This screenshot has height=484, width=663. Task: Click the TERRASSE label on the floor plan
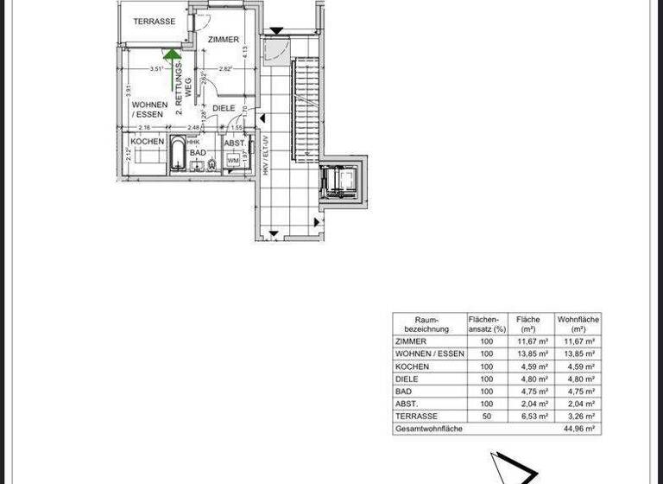(155, 22)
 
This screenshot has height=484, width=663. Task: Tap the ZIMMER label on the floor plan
(224, 40)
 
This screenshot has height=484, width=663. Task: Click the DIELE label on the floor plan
(224, 108)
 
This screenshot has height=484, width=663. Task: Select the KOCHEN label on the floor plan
(148, 141)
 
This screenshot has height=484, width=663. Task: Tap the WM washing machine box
(233, 161)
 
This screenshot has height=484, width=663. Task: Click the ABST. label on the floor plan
(234, 143)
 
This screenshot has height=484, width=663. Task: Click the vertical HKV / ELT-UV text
(266, 156)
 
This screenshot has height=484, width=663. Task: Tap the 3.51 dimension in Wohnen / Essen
(156, 69)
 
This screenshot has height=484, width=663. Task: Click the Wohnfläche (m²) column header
(578, 324)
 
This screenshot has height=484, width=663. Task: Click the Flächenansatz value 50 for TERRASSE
(486, 416)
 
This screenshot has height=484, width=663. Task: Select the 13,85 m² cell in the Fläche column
(528, 354)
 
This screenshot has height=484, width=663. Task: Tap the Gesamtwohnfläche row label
(429, 429)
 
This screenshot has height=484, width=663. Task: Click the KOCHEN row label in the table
(412, 366)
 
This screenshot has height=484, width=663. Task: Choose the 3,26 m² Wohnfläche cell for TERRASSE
(578, 416)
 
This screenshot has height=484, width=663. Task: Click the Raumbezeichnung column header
(428, 324)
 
